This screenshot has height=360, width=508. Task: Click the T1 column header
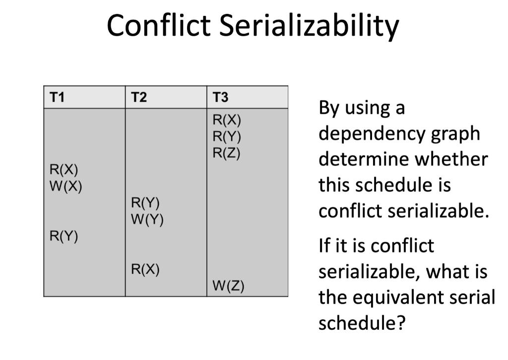[x=58, y=97]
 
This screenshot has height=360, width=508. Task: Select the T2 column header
[x=139, y=97]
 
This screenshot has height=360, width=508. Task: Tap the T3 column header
[x=220, y=97]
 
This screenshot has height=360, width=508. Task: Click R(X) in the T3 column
[x=227, y=120]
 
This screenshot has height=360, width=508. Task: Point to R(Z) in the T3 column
[x=227, y=153]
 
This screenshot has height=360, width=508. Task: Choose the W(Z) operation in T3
[x=228, y=286]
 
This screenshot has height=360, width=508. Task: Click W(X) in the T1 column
[x=65, y=187]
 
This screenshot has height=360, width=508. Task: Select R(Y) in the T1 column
[x=64, y=237]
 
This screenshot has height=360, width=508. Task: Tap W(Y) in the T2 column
[x=147, y=219]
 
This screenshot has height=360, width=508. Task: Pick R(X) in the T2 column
[x=145, y=269]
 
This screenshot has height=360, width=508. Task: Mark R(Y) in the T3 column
[x=227, y=136]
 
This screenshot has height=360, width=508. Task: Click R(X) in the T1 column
[x=64, y=170]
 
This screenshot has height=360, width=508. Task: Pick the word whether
[x=451, y=159]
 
